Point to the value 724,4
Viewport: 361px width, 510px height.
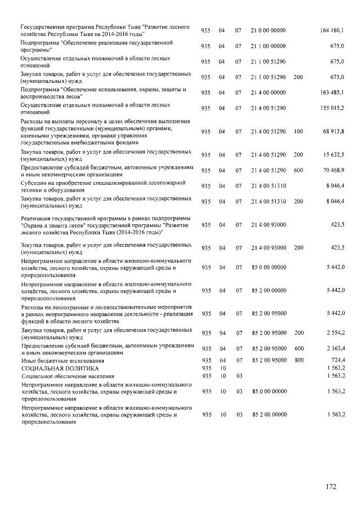point(336,360)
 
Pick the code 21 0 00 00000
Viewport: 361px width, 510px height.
point(268,30)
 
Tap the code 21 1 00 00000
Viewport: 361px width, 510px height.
point(268,46)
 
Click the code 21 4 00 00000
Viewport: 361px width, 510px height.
point(268,92)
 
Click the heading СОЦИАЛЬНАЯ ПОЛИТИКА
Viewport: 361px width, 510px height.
point(55,368)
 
